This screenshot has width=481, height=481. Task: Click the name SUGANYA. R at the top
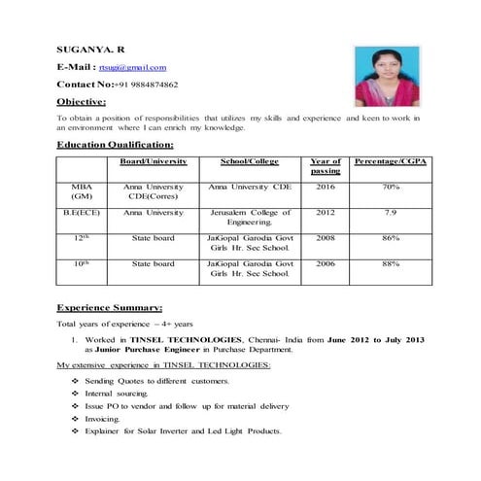[x=89, y=48]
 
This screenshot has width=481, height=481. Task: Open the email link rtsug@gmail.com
[x=132, y=67]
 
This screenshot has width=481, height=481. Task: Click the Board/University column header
[x=153, y=161]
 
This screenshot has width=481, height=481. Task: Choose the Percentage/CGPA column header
[x=391, y=161]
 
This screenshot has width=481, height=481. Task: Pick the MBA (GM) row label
[x=82, y=190]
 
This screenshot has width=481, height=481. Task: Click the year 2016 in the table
[x=325, y=186]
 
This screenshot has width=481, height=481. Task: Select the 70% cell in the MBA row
[x=391, y=186]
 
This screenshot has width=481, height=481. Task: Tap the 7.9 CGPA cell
[x=391, y=212]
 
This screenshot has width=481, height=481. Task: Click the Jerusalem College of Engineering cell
[x=250, y=218]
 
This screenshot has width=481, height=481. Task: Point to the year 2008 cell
[x=325, y=238]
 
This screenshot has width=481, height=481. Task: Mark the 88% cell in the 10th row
[x=391, y=264]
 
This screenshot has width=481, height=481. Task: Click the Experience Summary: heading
[x=116, y=307]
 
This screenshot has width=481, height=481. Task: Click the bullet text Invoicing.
[x=102, y=419]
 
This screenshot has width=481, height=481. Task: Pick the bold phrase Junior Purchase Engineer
[x=146, y=351]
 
